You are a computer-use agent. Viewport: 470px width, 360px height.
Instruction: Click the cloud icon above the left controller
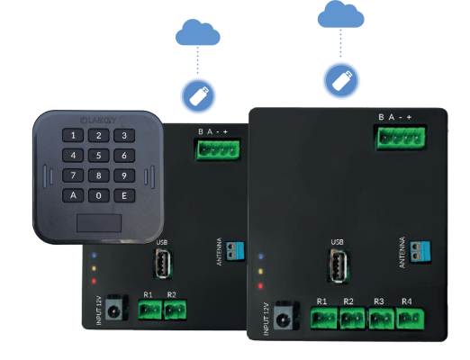[x=197, y=34]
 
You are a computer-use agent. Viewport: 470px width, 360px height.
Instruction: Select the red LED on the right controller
[x=260, y=286]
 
